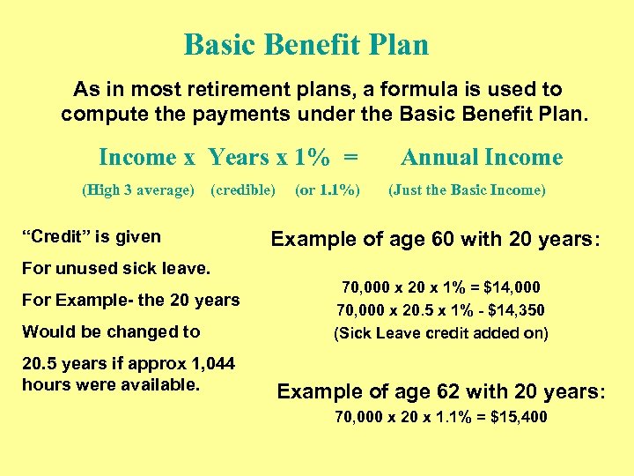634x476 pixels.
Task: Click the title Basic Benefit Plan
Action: coord(306,44)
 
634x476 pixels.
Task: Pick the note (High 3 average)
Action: coord(137,190)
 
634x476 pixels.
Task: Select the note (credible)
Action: coord(242,190)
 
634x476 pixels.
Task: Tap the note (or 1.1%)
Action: coord(327,190)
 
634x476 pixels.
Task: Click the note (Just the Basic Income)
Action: coord(467,190)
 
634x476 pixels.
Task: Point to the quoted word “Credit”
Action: coord(51,236)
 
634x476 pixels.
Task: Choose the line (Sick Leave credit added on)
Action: coord(440,333)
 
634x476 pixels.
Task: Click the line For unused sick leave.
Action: coord(116,268)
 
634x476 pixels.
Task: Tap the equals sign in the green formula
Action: coord(350,158)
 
